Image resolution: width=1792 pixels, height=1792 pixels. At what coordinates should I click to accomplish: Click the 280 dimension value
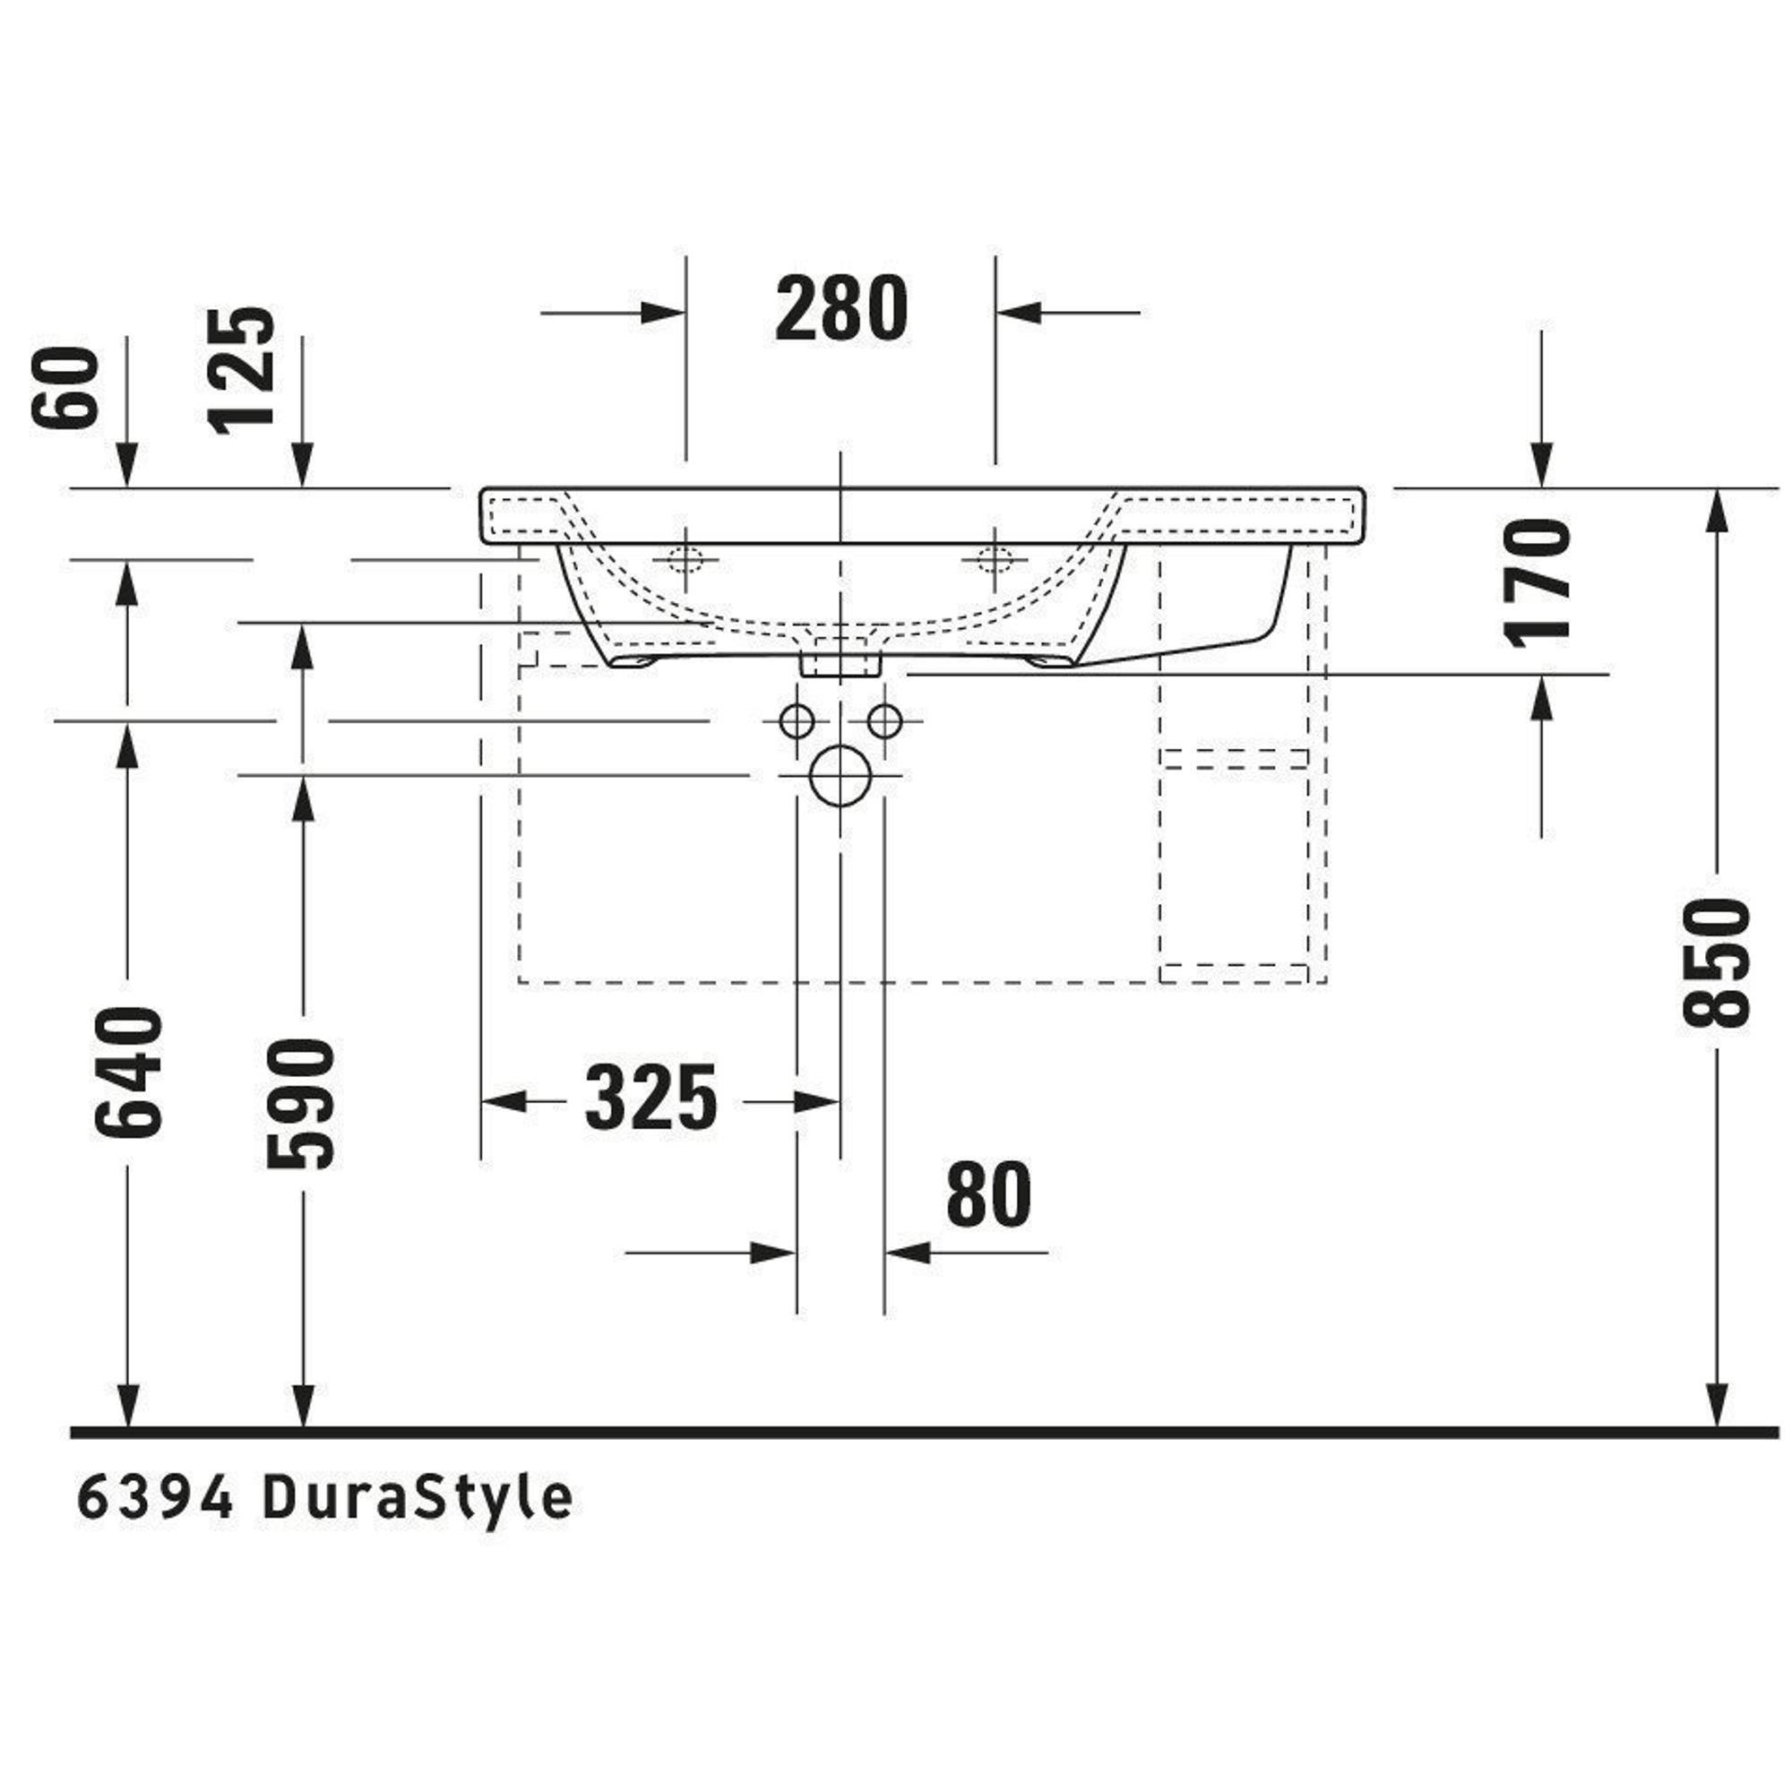[x=841, y=310]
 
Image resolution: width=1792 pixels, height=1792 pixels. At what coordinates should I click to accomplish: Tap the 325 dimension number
[x=651, y=1098]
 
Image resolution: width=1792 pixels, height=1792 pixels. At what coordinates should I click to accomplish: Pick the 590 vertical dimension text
[x=299, y=1104]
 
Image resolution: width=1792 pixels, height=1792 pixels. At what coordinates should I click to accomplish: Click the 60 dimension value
[x=65, y=388]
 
